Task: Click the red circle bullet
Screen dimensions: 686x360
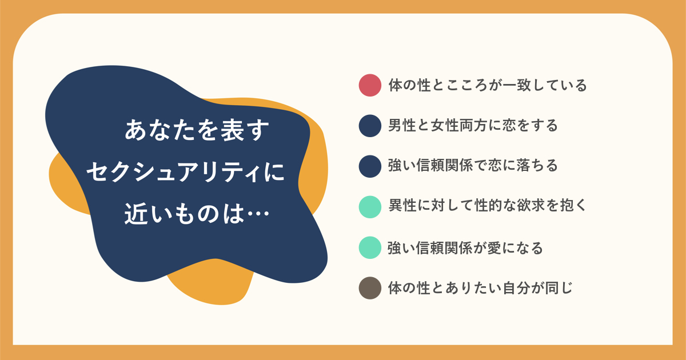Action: [x=370, y=85]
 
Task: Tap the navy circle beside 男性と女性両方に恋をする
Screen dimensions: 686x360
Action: [x=370, y=126]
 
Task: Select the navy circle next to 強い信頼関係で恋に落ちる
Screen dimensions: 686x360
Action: [x=370, y=166]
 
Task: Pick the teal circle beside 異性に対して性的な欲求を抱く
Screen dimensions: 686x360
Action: [x=370, y=207]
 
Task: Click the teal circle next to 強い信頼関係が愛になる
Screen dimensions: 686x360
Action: [x=370, y=247]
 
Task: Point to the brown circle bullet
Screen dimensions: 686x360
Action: [x=370, y=288]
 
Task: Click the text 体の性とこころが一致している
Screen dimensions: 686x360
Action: [x=488, y=85]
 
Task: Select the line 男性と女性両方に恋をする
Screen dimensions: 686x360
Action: [x=473, y=126]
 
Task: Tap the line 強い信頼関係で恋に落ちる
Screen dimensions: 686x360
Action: [x=473, y=166]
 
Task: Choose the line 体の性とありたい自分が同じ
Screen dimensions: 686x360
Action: [x=480, y=288]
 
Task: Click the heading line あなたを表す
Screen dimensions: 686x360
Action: [x=197, y=130]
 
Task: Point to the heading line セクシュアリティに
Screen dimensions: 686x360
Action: [x=186, y=172]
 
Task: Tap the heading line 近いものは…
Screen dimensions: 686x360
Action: [x=197, y=213]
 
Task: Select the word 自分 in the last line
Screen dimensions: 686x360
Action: [x=517, y=288]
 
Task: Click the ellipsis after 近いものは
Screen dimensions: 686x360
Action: [x=258, y=214]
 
